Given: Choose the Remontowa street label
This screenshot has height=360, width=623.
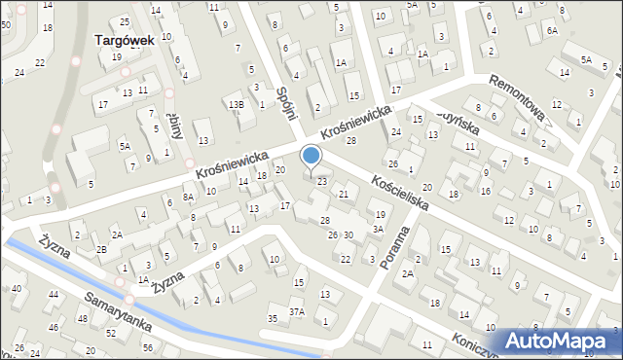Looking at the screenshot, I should point(522,102).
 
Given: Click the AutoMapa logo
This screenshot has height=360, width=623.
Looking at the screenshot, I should point(560,341).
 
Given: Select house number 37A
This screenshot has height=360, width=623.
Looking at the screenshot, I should point(296,312).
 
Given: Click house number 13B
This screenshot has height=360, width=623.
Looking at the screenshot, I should point(236,104).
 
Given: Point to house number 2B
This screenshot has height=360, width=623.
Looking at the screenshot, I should point(101,248).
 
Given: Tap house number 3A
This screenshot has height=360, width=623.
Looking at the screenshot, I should point(377,230).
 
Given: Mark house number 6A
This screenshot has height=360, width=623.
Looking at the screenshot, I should point(552,31).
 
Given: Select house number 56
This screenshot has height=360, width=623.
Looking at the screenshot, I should point(148,347).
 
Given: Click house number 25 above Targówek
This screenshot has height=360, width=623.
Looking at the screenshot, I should point(124,21).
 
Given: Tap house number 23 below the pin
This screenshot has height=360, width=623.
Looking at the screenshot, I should point(321,181).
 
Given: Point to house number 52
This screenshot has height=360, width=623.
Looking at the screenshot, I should point(111,334).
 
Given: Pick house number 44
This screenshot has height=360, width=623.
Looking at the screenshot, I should point(54,294).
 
